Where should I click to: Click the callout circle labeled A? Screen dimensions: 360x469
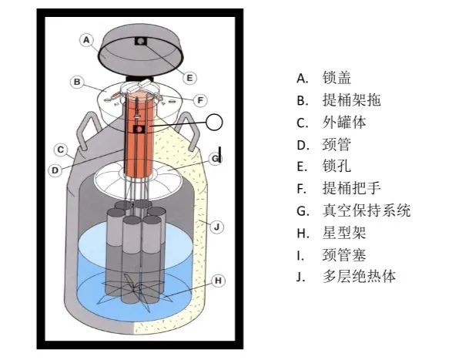click(x=87, y=39)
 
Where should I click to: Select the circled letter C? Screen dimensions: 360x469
click(x=61, y=150)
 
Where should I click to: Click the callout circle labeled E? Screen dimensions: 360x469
click(x=189, y=77)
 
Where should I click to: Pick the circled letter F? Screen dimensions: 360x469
click(x=199, y=99)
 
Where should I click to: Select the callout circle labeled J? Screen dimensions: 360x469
click(x=217, y=227)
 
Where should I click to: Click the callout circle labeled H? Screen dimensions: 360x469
click(x=219, y=281)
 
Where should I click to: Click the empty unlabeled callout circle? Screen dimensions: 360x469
click(x=215, y=121)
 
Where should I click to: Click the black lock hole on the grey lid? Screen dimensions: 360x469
click(x=141, y=41)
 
